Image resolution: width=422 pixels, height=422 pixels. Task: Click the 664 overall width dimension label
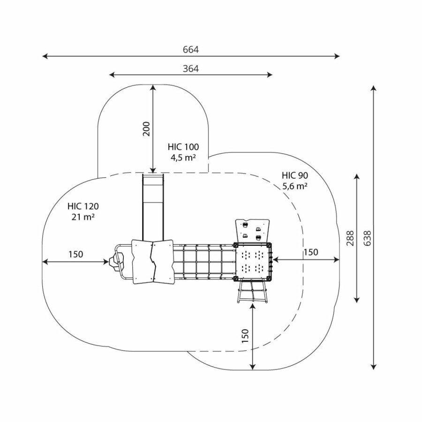[191, 50]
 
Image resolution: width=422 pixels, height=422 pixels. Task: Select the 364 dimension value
[191, 68]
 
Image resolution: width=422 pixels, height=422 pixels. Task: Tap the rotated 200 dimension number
[146, 128]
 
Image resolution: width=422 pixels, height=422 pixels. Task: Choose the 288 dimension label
[350, 239]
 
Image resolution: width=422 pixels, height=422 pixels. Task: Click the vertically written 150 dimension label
[245, 336]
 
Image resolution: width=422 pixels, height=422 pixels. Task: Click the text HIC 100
[183, 147]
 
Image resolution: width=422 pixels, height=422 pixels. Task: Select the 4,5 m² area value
[183, 157]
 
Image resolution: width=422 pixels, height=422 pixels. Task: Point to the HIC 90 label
[295, 175]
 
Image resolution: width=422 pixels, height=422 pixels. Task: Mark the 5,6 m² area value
[295, 186]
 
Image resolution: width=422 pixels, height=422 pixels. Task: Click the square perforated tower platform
[253, 261]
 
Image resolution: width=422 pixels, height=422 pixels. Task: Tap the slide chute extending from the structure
[153, 206]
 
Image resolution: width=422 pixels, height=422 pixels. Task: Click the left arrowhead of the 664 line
[44, 56]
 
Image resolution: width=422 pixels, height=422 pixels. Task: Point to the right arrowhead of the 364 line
[271, 75]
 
